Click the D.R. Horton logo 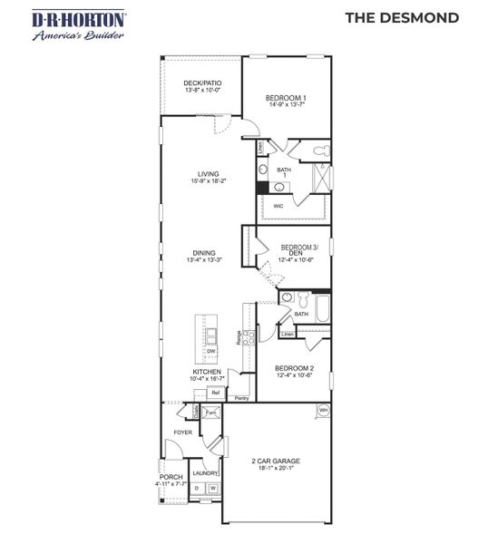click(67, 24)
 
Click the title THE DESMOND click(402, 17)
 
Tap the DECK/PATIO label click(202, 83)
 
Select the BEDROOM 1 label click(286, 97)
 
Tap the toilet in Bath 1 click(319, 151)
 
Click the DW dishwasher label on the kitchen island click(210, 351)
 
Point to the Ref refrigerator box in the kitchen click(216, 393)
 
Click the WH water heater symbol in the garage click(322, 411)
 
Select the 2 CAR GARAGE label click(276, 461)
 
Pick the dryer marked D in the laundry click(197, 489)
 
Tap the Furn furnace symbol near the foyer click(210, 412)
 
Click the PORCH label click(171, 477)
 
